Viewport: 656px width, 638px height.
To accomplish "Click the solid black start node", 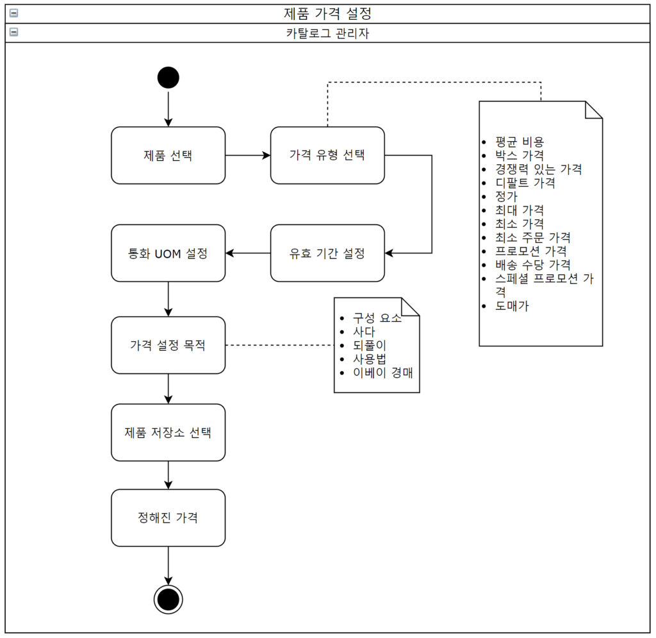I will pos(168,78).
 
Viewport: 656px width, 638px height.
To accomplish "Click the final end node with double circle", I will pos(168,600).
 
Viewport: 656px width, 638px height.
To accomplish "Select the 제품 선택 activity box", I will pos(168,155).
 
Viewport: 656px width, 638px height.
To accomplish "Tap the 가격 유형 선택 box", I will pos(327,155).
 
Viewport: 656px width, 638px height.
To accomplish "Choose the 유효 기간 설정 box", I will pos(327,253).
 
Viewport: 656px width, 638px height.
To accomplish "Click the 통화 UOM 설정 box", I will pos(168,253).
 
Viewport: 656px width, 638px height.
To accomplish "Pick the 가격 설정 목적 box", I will pos(168,345).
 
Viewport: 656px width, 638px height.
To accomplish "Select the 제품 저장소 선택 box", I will pos(168,432).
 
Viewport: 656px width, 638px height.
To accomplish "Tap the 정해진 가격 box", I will pos(168,517).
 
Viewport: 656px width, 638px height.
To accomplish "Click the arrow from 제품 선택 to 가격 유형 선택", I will pos(247,155).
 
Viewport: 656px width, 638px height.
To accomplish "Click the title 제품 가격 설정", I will pos(327,13).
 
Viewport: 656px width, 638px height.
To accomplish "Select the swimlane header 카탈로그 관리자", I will pos(327,33).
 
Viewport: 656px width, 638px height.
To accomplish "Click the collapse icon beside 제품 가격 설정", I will pos(13,13).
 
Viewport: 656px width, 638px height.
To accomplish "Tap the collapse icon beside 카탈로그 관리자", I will pos(13,32).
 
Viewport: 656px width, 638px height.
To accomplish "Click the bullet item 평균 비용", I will pos(520,142).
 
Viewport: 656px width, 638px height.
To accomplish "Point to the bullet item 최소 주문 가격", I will pos(532,237).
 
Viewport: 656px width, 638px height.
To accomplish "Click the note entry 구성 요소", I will pos(377,318).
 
